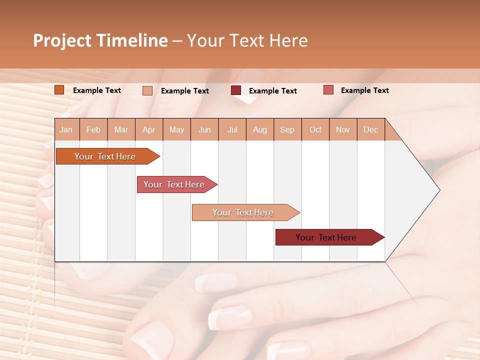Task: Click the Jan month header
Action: tap(66, 129)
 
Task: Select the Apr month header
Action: tap(148, 129)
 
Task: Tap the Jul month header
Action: tap(232, 129)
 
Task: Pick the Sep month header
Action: tap(287, 129)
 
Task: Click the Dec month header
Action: tap(370, 129)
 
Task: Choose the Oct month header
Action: tap(315, 129)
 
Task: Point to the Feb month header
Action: tap(93, 129)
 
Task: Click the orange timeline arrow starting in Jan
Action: tap(105, 156)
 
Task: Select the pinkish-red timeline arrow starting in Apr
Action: tap(174, 184)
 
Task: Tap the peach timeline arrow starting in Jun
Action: tap(243, 212)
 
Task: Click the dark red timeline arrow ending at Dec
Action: tap(326, 237)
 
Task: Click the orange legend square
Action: tap(59, 90)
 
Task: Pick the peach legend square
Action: tap(147, 90)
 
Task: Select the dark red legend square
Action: tap(236, 90)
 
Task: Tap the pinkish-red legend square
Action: tap(328, 90)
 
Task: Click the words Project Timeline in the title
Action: tap(100, 40)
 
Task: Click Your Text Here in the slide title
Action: tap(247, 40)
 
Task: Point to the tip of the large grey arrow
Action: tap(438, 190)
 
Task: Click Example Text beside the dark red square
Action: tap(273, 90)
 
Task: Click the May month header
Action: tap(176, 129)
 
